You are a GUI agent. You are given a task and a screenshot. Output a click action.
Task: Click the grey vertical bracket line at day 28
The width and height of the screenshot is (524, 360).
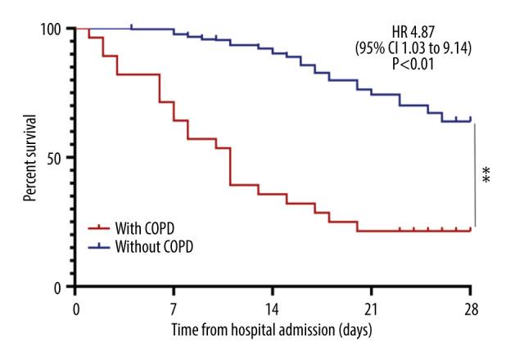click(475, 174)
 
